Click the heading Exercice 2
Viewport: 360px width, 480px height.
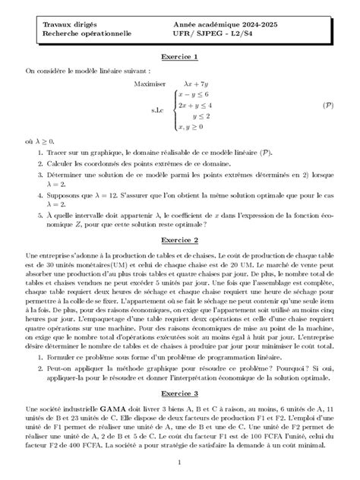[x=180, y=238]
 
